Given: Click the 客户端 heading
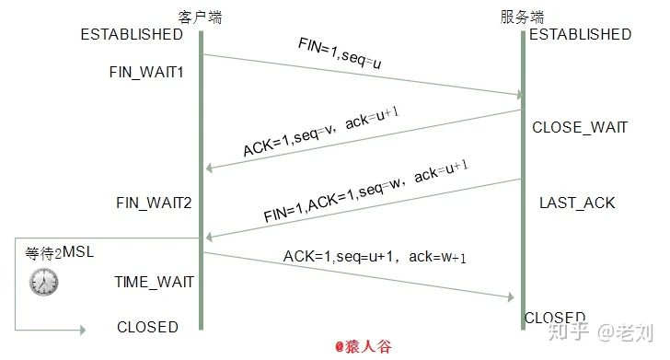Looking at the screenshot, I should (x=200, y=17).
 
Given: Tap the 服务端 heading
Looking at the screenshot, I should (x=522, y=17).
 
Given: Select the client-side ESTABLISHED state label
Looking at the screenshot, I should (x=132, y=35).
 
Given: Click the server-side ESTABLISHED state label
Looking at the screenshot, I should (x=580, y=35).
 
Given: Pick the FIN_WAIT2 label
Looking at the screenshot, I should (x=153, y=202).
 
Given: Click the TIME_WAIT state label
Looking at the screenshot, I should (x=154, y=282).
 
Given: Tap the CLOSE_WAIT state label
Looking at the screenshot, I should (x=580, y=128).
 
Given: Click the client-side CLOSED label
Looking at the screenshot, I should (x=147, y=327).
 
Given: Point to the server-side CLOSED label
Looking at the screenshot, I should (x=554, y=318).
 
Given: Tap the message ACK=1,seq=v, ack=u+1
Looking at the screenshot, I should (x=321, y=134).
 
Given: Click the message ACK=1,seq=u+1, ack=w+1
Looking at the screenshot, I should (x=373, y=258).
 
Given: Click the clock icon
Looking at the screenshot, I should (x=42, y=281).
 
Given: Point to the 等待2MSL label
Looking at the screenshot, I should (x=59, y=252).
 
